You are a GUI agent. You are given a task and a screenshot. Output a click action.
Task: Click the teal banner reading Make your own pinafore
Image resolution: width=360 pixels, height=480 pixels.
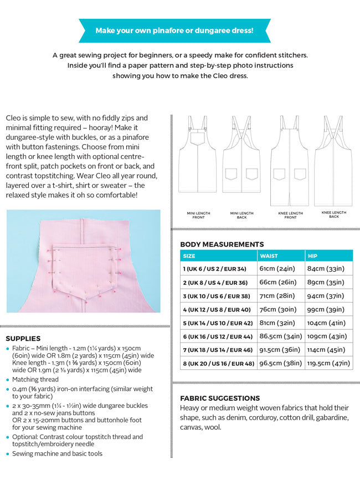click(174, 30)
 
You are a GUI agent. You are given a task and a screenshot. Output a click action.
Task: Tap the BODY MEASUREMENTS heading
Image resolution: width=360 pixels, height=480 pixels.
click(222, 244)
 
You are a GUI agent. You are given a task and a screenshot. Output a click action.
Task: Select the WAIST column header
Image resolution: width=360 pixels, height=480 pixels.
click(269, 256)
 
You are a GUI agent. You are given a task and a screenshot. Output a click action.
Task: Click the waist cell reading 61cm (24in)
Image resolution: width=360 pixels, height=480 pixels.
click(277, 269)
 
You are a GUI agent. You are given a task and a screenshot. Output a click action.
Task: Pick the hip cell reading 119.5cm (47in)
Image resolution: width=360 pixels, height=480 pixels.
click(329, 364)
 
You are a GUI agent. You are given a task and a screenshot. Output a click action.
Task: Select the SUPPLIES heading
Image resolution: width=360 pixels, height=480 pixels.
click(23, 338)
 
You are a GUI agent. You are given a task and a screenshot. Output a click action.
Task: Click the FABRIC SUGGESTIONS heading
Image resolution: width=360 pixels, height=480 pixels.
click(220, 398)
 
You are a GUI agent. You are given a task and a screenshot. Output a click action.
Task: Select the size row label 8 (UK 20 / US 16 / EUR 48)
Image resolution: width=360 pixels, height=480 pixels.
click(218, 364)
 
